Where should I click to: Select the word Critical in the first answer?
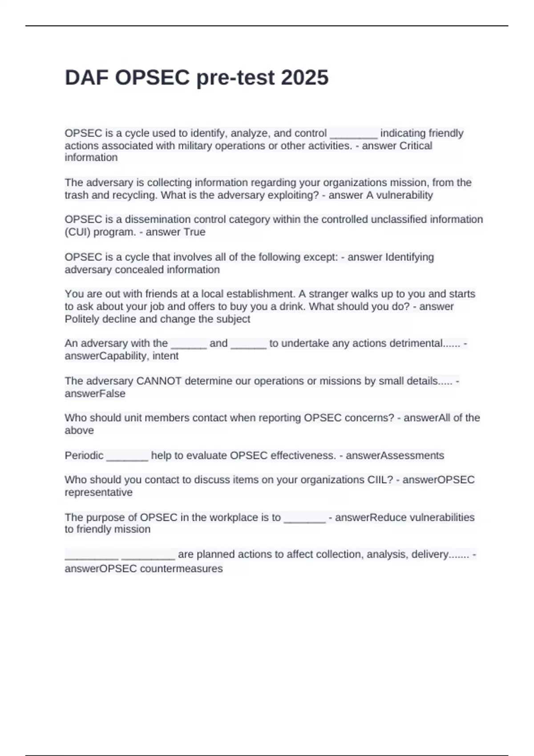point(416,145)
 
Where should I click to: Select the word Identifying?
point(409,257)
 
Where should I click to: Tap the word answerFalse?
point(95,394)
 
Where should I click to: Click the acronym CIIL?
point(380,480)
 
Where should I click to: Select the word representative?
point(98,492)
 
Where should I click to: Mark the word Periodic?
point(84,455)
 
